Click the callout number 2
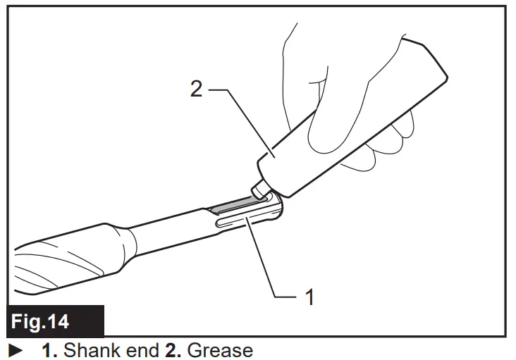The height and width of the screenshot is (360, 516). pos(196,89)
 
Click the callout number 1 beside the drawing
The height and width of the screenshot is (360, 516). pos(308,297)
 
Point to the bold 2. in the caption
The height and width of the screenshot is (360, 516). pos(173,349)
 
